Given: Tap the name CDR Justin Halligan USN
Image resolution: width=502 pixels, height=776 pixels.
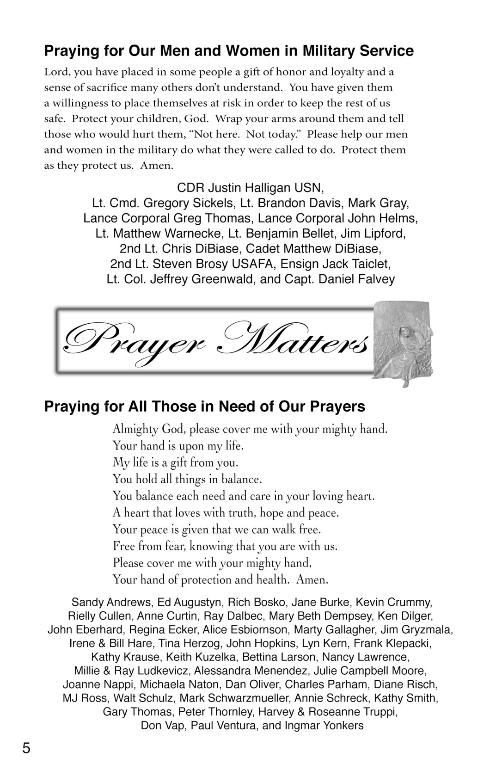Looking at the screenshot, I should pyautogui.click(x=251, y=188).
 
